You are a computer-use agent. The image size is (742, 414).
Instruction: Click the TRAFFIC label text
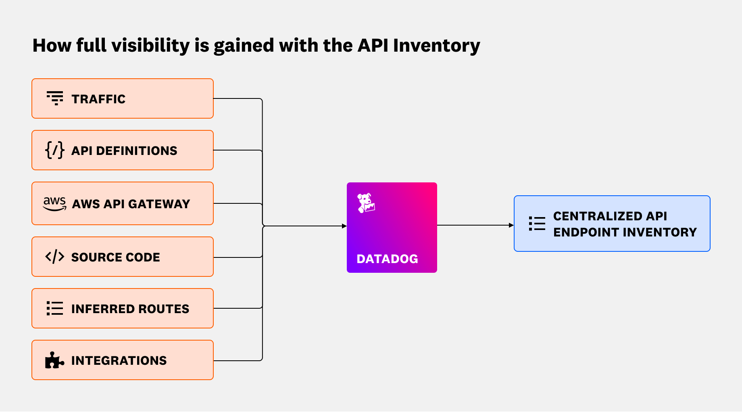(x=98, y=99)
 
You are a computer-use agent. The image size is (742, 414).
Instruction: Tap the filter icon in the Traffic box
(x=55, y=98)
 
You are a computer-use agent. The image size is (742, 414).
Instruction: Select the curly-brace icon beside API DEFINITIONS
(x=55, y=150)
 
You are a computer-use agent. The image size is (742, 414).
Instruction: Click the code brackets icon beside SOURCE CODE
(x=55, y=257)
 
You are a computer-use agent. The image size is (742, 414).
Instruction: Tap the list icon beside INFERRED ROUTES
(x=55, y=308)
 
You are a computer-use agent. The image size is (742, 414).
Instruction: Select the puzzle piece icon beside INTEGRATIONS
(x=54, y=360)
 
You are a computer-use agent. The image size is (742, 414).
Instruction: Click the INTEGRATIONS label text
(x=119, y=360)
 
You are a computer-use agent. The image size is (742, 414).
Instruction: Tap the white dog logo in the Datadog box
(x=366, y=203)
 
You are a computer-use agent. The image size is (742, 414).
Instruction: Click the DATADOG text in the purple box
(x=387, y=259)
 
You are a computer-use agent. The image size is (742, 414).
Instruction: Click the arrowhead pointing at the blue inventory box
(x=511, y=225)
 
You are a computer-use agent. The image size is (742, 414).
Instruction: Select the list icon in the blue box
(x=537, y=224)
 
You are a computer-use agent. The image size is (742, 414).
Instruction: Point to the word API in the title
(x=373, y=46)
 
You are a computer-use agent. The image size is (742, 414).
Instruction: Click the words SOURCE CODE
(x=115, y=257)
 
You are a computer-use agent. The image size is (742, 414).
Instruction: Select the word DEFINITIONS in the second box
(x=136, y=151)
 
